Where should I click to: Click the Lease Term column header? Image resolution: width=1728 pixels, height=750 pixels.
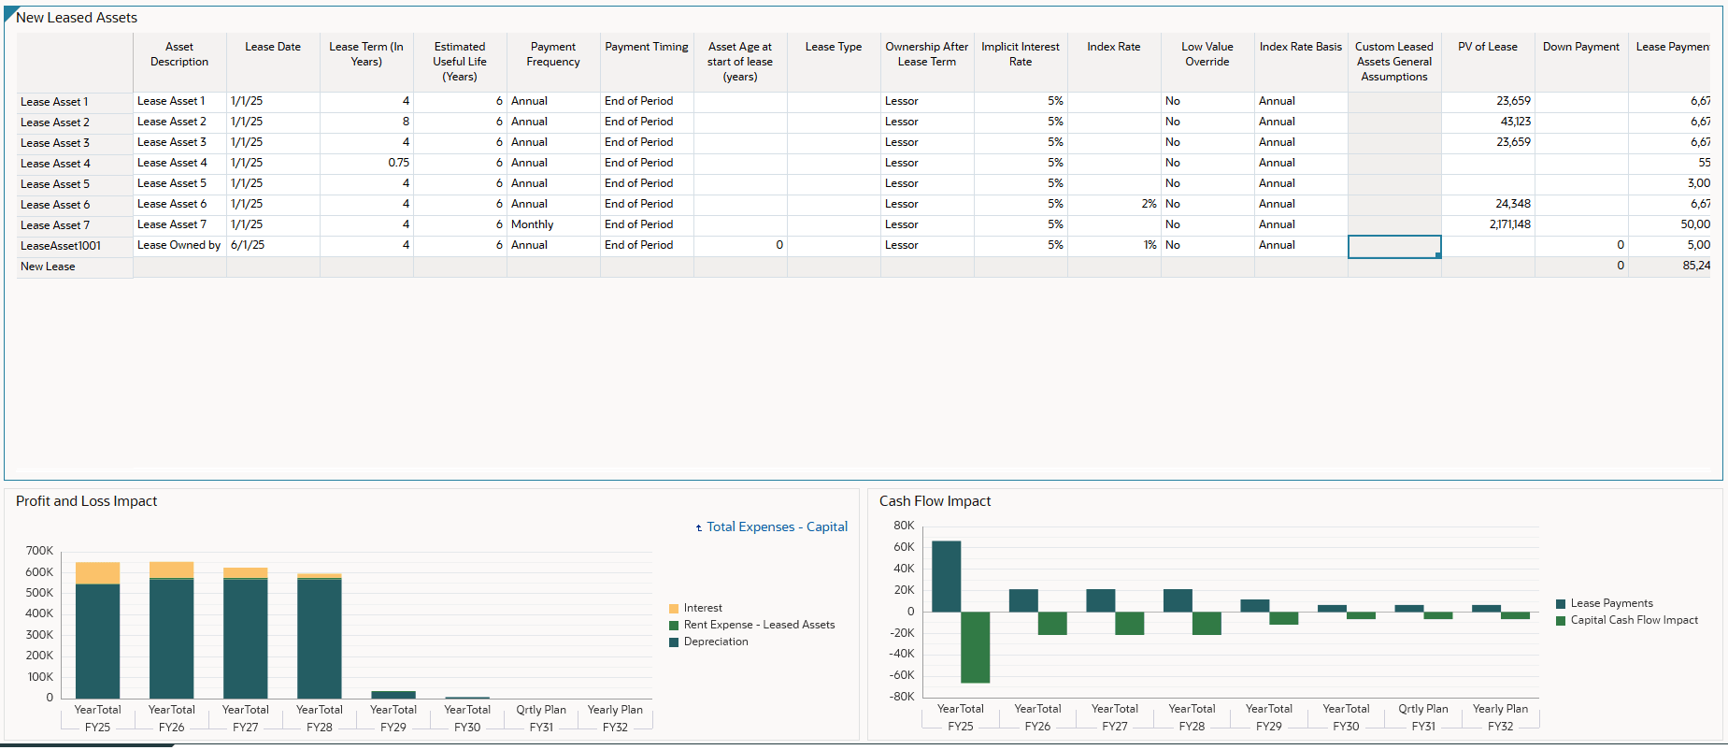coord(366,54)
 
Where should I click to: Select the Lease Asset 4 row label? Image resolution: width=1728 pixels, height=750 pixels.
coord(55,164)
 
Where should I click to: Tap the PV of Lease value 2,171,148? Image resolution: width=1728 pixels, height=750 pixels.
coord(1509,224)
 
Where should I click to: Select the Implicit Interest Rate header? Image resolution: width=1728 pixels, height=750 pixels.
coord(1020,54)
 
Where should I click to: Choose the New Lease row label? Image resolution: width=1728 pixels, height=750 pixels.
coord(48,267)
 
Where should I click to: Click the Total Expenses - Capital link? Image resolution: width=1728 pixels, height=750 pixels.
coord(776,527)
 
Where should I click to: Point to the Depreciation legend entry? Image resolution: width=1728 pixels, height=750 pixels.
coord(715,642)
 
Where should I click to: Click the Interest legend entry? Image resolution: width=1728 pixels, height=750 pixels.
coord(702,608)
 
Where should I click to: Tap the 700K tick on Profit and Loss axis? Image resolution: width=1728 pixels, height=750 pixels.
coord(39,551)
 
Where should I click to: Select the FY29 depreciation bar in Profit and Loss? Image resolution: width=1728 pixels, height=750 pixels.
coord(393,695)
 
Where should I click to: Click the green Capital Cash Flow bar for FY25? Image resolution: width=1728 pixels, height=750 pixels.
coord(975,647)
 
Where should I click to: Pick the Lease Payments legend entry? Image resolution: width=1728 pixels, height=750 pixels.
coord(1610,603)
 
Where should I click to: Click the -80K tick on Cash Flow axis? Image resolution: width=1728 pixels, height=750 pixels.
coord(901,697)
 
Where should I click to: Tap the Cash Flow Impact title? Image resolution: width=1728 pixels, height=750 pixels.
coord(935,501)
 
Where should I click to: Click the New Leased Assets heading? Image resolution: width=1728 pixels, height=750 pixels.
coord(77,18)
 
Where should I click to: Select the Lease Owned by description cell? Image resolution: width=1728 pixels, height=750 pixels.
coord(179,245)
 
